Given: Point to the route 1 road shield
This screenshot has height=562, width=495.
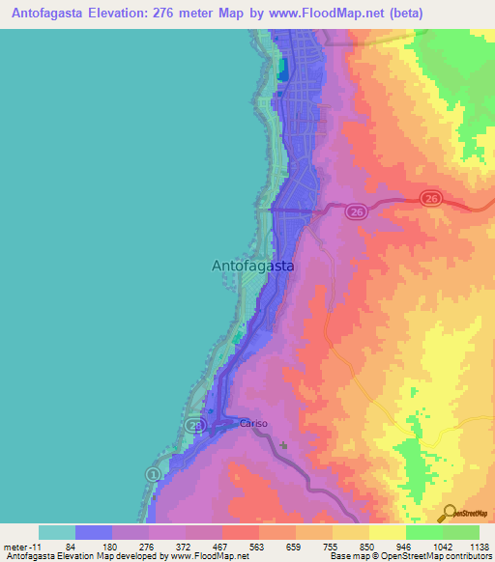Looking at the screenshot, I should point(152,474).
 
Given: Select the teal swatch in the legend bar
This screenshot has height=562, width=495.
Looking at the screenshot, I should point(57,532).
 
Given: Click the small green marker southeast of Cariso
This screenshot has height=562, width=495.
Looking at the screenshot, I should point(284,446).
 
